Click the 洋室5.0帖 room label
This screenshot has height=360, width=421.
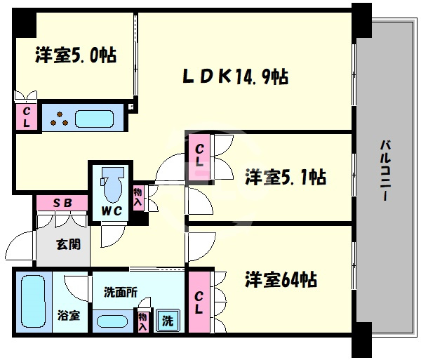tap(76, 55)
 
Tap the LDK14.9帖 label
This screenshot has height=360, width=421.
tap(236, 76)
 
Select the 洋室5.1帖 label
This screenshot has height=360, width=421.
tap(286, 177)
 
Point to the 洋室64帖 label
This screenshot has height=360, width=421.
tap(281, 279)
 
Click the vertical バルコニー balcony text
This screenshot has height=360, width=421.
tap(385, 170)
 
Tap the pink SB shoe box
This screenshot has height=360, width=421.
tap(62, 203)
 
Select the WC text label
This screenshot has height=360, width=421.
tap(112, 211)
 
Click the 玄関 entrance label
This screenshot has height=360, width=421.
tap(68, 244)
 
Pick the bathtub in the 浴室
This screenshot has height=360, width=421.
tap(33, 301)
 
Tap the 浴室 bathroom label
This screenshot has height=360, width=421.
tap(69, 315)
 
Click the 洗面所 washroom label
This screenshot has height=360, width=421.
tap(121, 293)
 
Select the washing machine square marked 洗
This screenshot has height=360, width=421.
tap(168, 321)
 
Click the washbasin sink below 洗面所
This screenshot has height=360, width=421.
tap(112, 321)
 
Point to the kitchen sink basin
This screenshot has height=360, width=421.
tap(94, 119)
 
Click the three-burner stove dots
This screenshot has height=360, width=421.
tap(60, 119)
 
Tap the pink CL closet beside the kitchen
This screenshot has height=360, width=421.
tap(27, 117)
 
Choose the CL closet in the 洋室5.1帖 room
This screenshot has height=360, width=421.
tap(199, 157)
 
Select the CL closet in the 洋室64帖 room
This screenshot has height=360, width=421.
tap(199, 302)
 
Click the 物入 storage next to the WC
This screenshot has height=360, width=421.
tap(138, 197)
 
